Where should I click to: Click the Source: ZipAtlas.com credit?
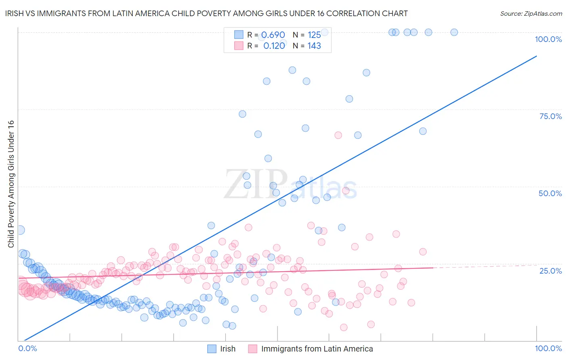coord(531,13)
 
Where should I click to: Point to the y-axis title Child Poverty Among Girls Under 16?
coord(11,184)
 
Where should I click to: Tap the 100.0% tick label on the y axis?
coord(548,39)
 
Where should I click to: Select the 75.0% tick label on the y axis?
coord(550,116)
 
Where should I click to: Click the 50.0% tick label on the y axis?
coord(550,193)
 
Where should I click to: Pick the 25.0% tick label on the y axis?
coord(550,270)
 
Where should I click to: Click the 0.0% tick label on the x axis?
coord(27,348)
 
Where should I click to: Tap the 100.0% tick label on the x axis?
coord(548,348)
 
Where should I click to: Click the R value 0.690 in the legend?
coord(273,35)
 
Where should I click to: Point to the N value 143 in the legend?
coord(314,46)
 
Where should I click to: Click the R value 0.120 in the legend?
coord(274,46)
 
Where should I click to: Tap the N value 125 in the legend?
coord(314,35)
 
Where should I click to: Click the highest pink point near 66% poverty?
coord(338,135)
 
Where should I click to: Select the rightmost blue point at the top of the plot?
coord(454,32)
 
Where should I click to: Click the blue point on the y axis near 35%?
coord(19,230)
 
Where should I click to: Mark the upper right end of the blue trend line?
coord(536,56)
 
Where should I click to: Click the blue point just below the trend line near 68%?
coord(423,131)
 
